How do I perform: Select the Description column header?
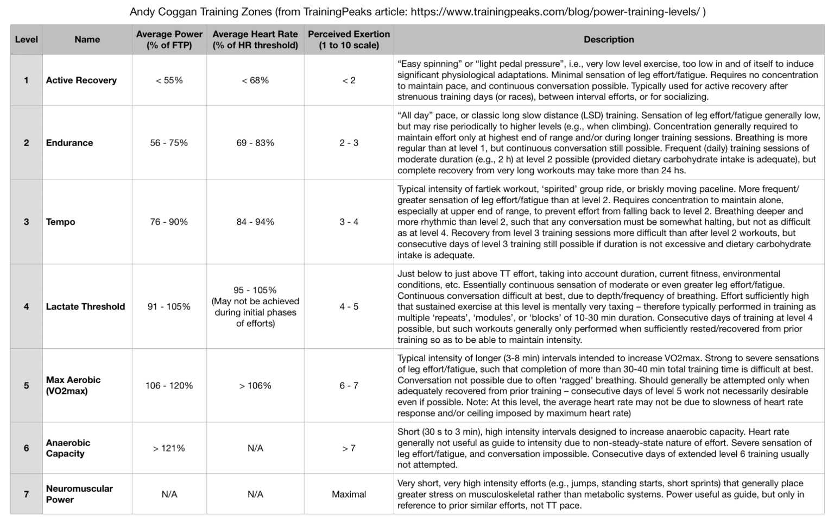[x=608, y=39]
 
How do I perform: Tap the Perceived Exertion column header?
[x=349, y=39]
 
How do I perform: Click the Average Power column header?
[x=169, y=39]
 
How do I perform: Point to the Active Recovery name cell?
[x=81, y=80]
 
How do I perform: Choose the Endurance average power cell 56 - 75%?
[x=169, y=143]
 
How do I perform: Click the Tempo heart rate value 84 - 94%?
[x=255, y=222]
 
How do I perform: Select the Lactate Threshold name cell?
[x=85, y=306]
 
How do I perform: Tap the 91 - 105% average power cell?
[x=169, y=306]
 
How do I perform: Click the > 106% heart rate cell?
[x=255, y=385]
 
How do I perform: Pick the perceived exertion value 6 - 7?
[x=349, y=385]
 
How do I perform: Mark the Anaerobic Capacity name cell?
[x=68, y=448]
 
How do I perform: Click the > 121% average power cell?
[x=169, y=448]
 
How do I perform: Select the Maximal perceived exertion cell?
[x=349, y=494]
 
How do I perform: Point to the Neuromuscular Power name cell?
[x=79, y=494]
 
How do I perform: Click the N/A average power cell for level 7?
[x=169, y=494]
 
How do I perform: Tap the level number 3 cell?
[x=26, y=222]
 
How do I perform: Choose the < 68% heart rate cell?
[x=255, y=80]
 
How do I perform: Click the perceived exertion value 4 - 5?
[x=349, y=306]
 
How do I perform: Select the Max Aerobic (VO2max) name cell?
[x=73, y=385]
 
